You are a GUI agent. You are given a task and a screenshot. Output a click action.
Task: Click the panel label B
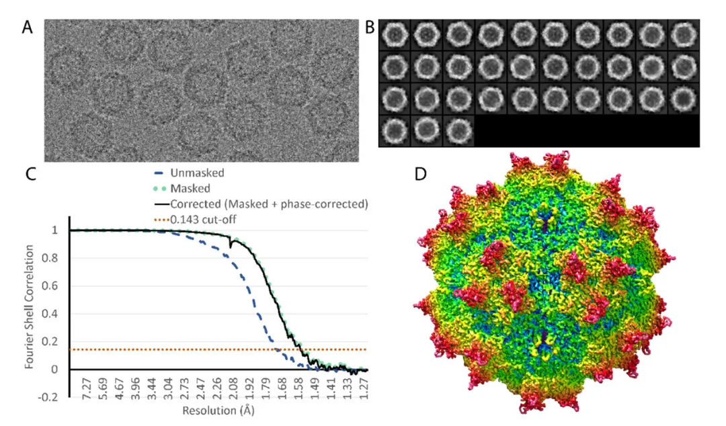coord(369,28)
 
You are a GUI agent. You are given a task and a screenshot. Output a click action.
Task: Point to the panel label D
coord(421,173)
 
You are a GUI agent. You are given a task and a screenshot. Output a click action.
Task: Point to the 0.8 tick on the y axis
coord(56,258)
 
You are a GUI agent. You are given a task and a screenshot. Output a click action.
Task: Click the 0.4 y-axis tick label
coord(56,314)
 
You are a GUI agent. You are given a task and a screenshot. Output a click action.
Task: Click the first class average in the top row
coord(395,34)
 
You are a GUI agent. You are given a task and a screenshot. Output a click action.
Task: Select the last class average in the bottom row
coord(458,130)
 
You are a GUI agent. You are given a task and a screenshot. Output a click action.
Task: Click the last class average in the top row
coord(684,34)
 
